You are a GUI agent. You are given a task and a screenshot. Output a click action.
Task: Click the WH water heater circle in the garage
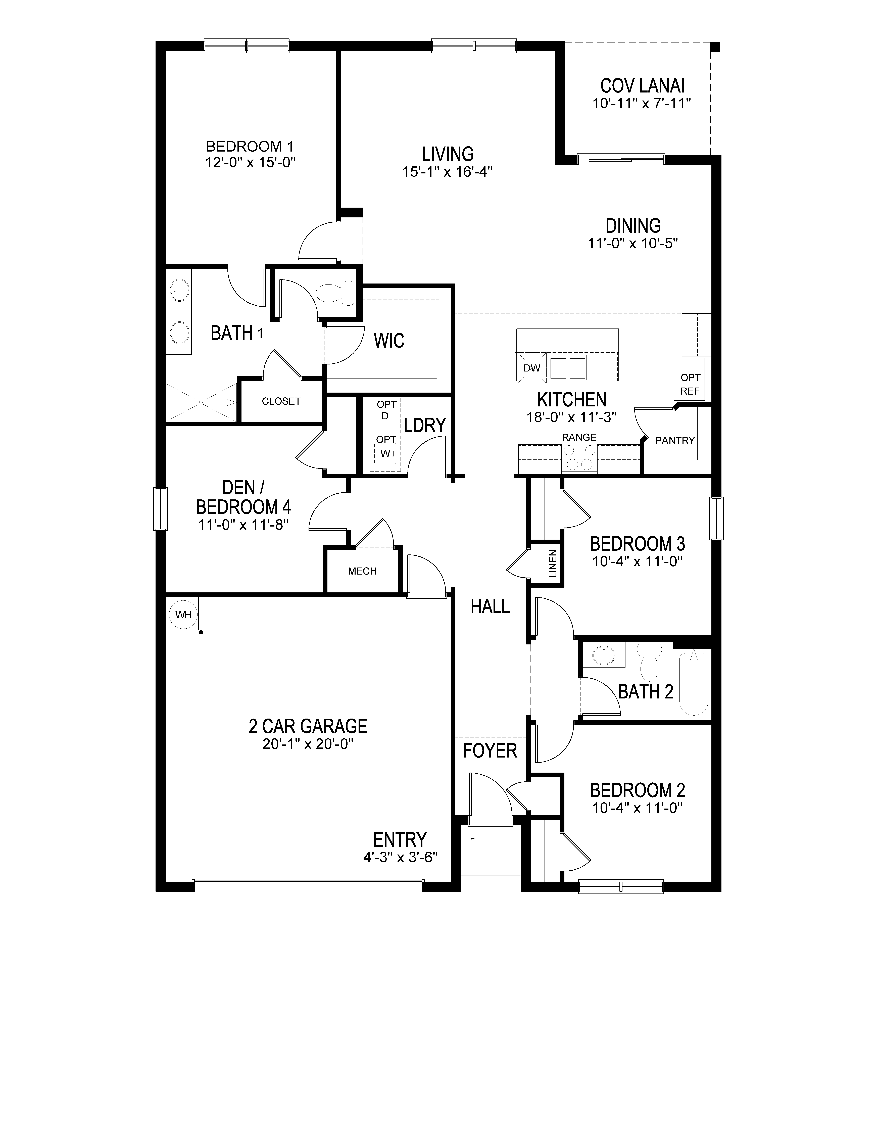183,615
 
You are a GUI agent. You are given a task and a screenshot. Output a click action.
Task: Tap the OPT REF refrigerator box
690,384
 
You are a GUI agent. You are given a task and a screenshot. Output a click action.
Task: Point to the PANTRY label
675,440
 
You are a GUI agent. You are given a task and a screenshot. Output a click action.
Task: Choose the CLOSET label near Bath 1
281,401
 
